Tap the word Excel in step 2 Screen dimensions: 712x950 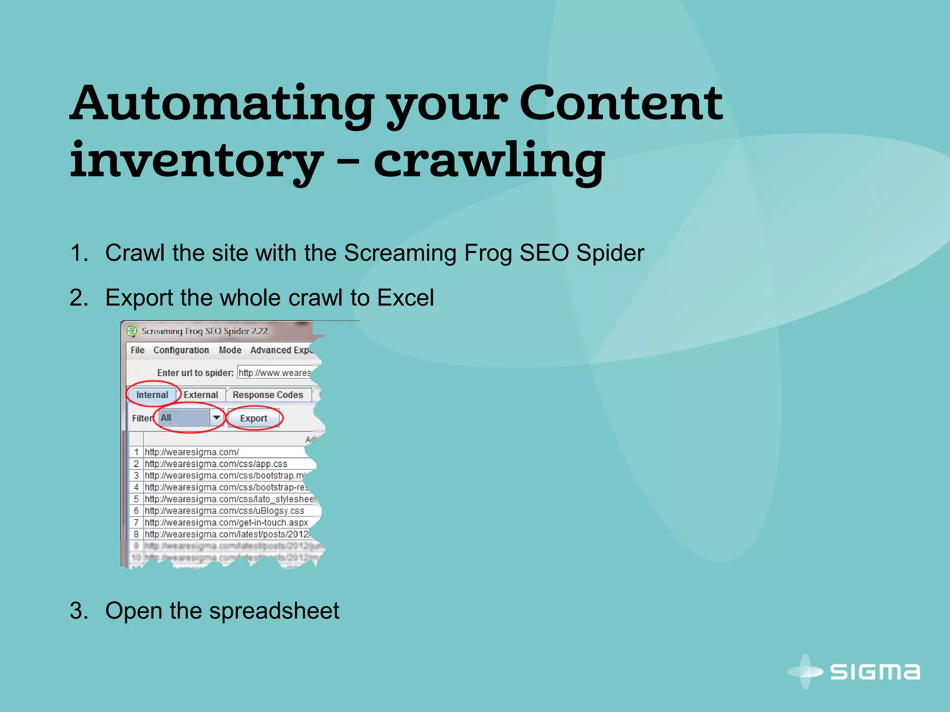405,298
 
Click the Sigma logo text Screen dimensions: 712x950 874,672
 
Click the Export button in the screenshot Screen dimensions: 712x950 254,418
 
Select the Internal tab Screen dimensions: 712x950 152,395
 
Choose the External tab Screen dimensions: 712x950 200,395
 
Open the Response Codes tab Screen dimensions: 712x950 268,395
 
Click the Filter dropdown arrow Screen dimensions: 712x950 216,418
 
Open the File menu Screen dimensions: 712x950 137,350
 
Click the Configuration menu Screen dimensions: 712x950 181,350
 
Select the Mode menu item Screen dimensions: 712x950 230,350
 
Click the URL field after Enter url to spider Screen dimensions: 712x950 275,373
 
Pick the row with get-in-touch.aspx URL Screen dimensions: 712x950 226,523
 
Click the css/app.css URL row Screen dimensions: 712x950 216,464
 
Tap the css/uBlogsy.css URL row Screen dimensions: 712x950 224,511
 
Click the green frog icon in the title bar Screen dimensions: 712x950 132,331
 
